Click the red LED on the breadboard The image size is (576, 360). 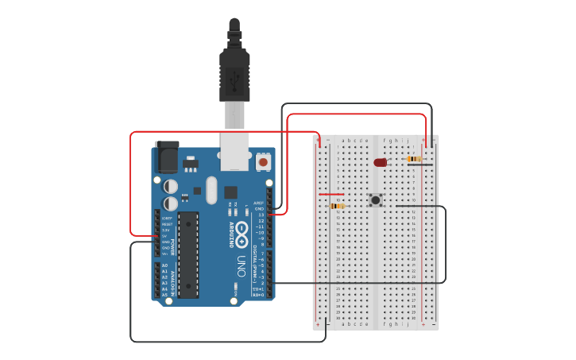(380, 162)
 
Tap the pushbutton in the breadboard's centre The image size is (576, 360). (375, 199)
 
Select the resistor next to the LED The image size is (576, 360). (414, 158)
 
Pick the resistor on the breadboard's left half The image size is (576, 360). (338, 206)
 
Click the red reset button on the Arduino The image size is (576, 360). (263, 162)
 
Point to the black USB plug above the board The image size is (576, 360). (234, 72)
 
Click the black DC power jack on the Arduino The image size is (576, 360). (167, 157)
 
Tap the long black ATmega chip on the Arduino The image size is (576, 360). (187, 254)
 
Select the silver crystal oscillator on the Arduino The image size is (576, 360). (211, 190)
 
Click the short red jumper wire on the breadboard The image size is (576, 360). (331, 193)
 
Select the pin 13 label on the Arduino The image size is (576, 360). (261, 215)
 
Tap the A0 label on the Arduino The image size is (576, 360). (165, 265)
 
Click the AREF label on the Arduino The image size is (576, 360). (259, 203)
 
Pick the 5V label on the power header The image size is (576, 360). (166, 236)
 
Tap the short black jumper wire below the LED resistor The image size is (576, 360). (420, 165)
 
